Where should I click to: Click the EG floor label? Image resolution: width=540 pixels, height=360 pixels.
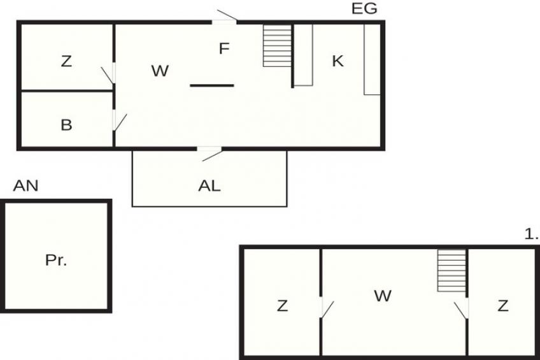click(x=364, y=9)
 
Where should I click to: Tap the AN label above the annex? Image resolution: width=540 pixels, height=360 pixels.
click(x=26, y=186)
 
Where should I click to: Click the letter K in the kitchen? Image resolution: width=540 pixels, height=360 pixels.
click(x=337, y=61)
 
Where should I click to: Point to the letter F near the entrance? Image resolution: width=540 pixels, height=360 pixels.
click(x=224, y=48)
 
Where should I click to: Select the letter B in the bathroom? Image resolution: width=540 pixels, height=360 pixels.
click(x=66, y=125)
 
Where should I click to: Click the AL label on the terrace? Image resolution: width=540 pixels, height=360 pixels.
click(x=210, y=186)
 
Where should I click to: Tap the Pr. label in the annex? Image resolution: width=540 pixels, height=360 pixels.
click(x=56, y=260)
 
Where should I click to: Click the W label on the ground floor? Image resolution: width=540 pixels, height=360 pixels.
click(x=160, y=71)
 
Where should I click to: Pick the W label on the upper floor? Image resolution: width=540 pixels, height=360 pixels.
click(x=383, y=296)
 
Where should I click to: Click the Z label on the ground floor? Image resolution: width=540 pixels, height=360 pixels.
click(x=66, y=61)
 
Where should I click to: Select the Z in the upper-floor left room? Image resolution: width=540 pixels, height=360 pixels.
click(x=282, y=306)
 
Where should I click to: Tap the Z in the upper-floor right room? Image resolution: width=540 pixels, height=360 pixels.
click(x=503, y=306)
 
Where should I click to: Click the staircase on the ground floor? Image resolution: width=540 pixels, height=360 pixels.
click(x=278, y=45)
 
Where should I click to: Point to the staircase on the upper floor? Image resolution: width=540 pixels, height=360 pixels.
click(x=452, y=271)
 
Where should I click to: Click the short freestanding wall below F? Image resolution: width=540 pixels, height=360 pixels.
click(x=212, y=85)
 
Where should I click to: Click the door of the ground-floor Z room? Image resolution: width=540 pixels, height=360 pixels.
click(x=108, y=74)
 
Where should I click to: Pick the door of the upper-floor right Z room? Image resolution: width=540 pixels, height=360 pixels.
click(x=462, y=310)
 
